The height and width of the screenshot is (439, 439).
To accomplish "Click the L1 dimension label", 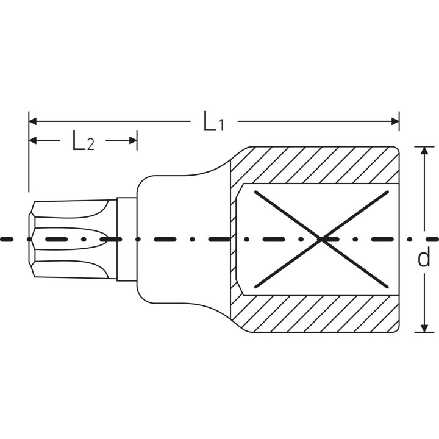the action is coord(213,121).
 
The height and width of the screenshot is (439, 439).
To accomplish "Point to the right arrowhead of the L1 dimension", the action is coord(395,121).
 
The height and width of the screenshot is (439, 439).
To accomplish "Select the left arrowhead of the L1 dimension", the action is coord(33,121).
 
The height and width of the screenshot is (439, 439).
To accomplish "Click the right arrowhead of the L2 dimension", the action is coord(133,140).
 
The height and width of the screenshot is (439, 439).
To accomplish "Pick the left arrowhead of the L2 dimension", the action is coord(33,140).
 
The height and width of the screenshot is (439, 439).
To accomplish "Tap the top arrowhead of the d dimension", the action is coord(425,151).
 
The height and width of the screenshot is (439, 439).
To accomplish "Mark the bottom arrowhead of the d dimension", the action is coord(425,328).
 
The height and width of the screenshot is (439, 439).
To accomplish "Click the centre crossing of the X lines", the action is coord(321,240).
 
